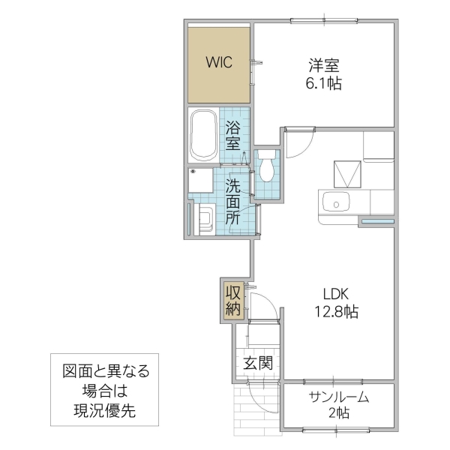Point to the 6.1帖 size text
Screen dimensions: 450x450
pyautogui.click(x=324, y=84)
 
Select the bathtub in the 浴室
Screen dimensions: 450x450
pyautogui.click(x=203, y=136)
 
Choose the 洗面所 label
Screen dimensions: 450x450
pyautogui.click(x=233, y=202)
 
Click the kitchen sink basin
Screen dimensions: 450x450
pyautogui.click(x=334, y=202)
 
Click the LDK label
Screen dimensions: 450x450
pyautogui.click(x=337, y=293)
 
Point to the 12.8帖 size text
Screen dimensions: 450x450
pyautogui.click(x=337, y=312)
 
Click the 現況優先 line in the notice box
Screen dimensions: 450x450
pyautogui.click(x=105, y=410)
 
